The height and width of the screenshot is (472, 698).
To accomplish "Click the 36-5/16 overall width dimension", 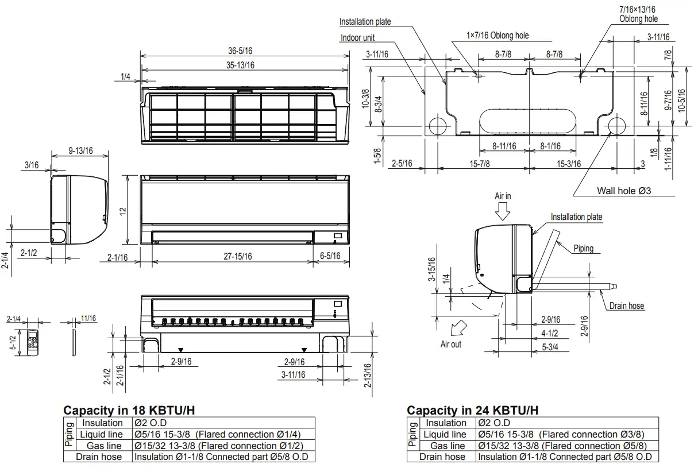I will [x=240, y=51].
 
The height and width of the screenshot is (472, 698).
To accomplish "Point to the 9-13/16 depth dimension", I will [x=80, y=150].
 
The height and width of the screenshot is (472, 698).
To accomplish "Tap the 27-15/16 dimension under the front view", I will [x=238, y=257].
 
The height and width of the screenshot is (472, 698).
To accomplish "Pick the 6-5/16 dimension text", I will [x=330, y=257].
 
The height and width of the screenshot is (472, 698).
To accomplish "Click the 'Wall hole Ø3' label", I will [x=624, y=191].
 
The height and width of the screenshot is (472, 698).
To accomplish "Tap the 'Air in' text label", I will [x=503, y=196].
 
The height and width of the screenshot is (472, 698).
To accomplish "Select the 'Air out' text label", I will [x=450, y=344].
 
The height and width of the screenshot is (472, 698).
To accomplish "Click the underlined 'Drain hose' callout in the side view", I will [x=627, y=306].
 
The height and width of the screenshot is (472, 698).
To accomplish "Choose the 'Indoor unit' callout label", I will [x=357, y=38].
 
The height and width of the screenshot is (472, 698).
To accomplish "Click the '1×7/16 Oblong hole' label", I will [x=498, y=36].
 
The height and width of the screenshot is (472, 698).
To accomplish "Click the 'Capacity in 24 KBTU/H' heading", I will [x=472, y=411].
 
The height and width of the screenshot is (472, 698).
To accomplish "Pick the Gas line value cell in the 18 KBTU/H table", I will [x=218, y=446].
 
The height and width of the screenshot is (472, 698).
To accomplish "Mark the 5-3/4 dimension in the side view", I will [x=550, y=347].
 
